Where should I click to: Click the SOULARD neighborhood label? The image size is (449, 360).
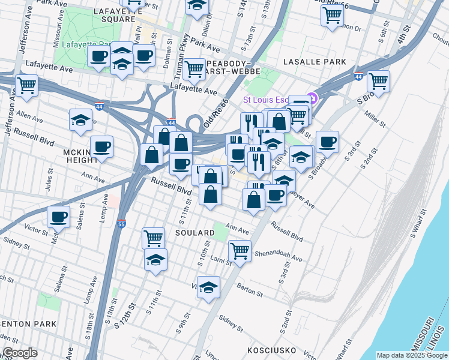point(194,232)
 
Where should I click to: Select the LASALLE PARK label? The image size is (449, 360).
point(316,62)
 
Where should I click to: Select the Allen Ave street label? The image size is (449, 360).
point(31,113)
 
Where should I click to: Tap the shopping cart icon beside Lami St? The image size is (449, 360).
point(240,250)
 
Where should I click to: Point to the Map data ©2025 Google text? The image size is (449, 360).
point(411,355)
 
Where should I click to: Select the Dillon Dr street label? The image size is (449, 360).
point(208,26)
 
